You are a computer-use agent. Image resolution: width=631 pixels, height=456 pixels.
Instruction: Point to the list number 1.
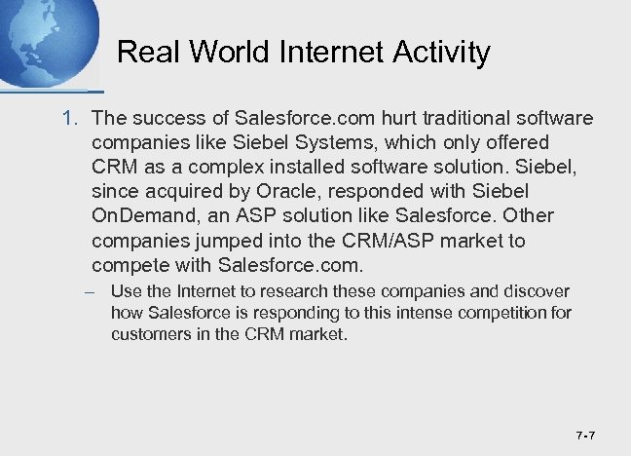point(68,119)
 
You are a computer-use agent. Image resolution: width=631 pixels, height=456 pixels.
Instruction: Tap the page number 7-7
point(586,435)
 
